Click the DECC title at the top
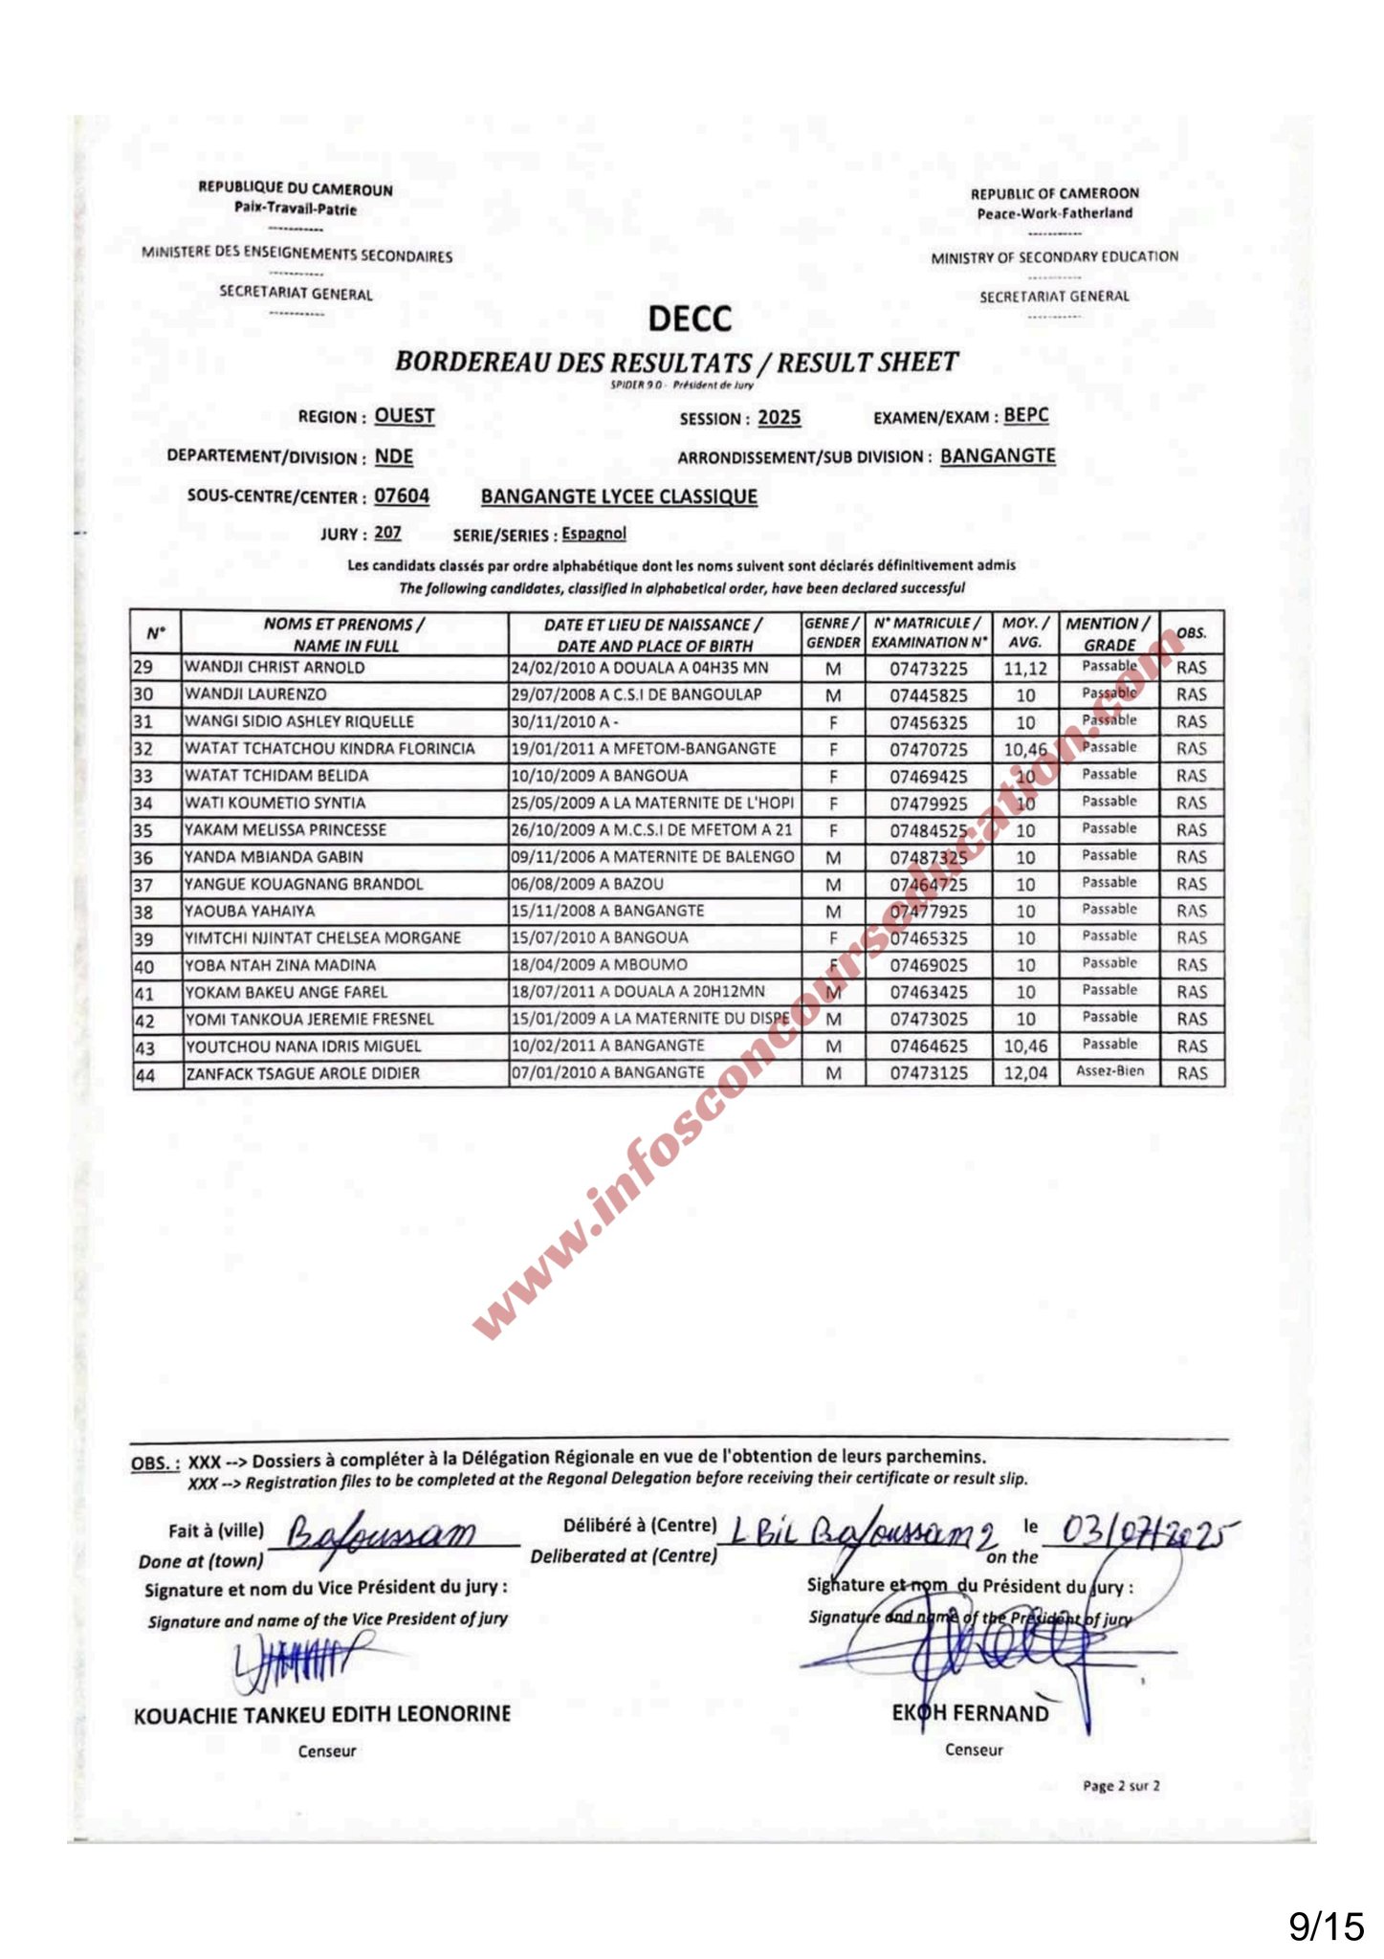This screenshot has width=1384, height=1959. [690, 319]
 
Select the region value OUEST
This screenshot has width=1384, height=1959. [405, 416]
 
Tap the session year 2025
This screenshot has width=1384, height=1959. [779, 418]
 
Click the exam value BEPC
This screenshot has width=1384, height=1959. [1025, 415]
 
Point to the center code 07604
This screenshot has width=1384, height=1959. [402, 496]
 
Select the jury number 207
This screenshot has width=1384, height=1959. [387, 533]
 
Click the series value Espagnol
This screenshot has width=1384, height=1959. [593, 534]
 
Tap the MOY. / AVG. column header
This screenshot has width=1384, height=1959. [1025, 633]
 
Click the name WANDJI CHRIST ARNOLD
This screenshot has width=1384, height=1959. [275, 668]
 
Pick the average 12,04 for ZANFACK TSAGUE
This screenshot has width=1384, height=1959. [1025, 1073]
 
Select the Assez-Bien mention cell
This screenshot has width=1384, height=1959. [1109, 1071]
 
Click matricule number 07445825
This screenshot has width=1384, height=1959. [928, 695]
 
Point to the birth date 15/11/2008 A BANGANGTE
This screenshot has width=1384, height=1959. [607, 911]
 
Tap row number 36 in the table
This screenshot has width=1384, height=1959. [143, 858]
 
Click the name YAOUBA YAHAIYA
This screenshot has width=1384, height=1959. [250, 912]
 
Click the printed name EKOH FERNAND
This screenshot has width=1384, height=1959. [970, 1713]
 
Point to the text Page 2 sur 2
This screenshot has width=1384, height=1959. [1121, 1786]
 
